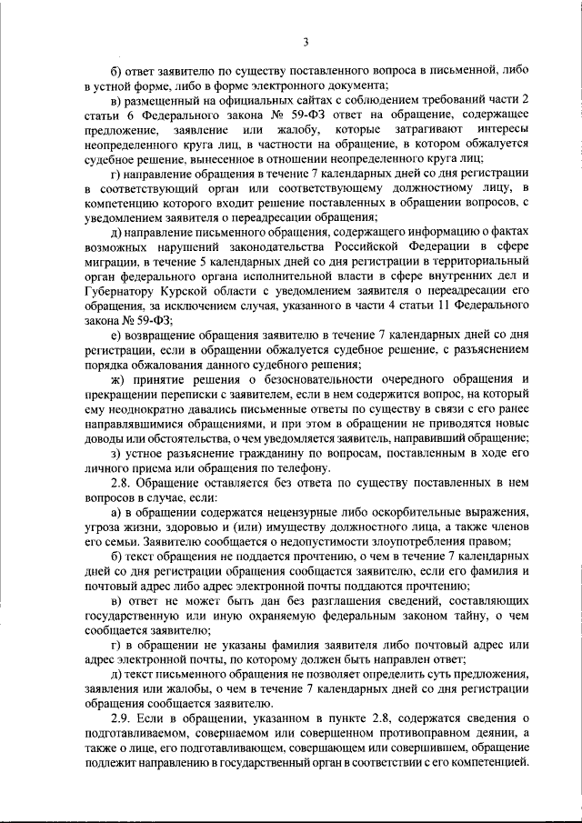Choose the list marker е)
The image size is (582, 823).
115,336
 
